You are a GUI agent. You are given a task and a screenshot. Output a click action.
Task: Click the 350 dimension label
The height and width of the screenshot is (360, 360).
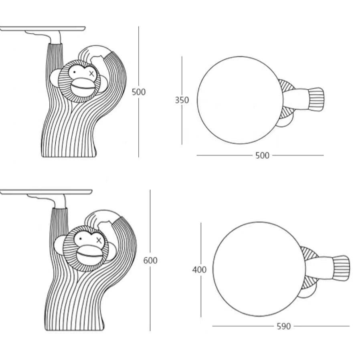coord(182,100)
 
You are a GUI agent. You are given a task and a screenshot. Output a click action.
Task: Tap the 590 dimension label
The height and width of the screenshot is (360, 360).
coord(284,326)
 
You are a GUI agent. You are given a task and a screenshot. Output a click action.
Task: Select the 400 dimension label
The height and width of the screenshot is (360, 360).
coord(199,269)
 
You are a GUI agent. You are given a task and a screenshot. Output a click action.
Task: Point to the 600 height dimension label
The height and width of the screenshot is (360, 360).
coord(150,260)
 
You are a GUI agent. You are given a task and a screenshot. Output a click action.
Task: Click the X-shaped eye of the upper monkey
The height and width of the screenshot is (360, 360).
coord(92,74)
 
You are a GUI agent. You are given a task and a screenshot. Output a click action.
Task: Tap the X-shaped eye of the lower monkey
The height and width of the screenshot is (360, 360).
coord(99,241)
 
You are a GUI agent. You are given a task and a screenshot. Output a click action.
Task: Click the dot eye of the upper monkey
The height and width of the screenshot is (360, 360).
coord(75,72)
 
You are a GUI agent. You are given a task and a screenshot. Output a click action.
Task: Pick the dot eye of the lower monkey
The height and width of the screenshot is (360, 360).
coord(80,239)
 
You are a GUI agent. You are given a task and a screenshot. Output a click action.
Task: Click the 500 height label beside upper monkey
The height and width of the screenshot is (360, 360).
coord(139,92)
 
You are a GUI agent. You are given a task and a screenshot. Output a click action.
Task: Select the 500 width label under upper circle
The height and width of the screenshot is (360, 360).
coord(262,156)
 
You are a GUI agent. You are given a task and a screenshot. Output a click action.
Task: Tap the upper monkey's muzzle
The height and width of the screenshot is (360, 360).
coord(83,87)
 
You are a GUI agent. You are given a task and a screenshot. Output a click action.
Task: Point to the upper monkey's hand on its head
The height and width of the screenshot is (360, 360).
coord(95,53)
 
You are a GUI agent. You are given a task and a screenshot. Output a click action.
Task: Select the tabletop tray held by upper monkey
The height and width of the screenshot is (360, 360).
coord(43,29)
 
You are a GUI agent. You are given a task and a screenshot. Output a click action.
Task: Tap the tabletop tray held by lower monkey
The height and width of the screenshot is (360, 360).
coord(46,192)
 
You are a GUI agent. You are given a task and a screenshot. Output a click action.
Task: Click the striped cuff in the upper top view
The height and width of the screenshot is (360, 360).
coord(316,99)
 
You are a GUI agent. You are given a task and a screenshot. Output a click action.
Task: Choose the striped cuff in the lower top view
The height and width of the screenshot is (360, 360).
coord(341,268)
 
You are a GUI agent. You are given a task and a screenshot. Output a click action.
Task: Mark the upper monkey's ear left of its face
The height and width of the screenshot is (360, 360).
coord(54,78)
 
